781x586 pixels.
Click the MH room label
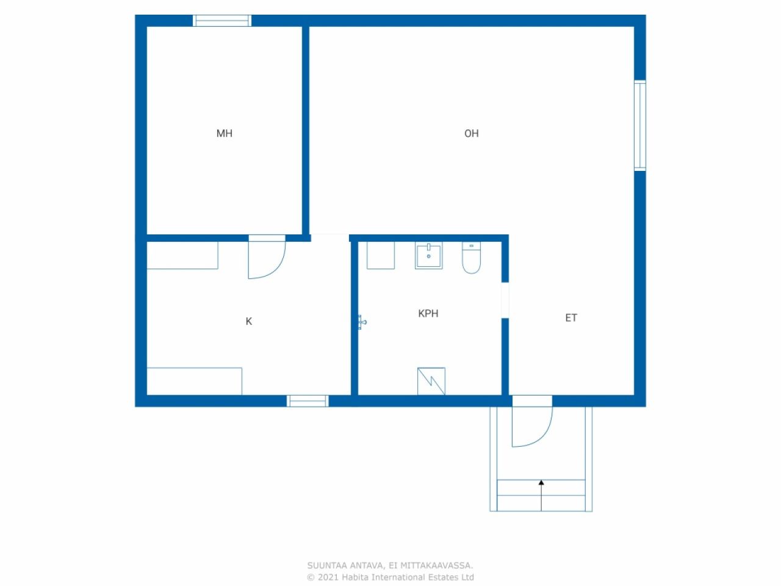224,134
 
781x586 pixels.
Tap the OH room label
471,134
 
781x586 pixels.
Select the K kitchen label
248,322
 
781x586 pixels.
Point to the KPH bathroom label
428,314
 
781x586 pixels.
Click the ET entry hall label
570,318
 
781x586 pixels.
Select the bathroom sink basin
429,255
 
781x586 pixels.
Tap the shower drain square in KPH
431,382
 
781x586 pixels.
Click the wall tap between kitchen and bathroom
362,322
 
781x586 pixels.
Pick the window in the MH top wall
222,21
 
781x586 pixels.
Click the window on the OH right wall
639,125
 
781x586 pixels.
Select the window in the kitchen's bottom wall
308,401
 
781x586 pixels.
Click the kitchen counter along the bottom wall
194,381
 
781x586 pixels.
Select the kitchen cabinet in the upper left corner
182,255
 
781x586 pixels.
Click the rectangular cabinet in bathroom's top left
380,255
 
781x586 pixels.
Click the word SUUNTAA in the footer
327,566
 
